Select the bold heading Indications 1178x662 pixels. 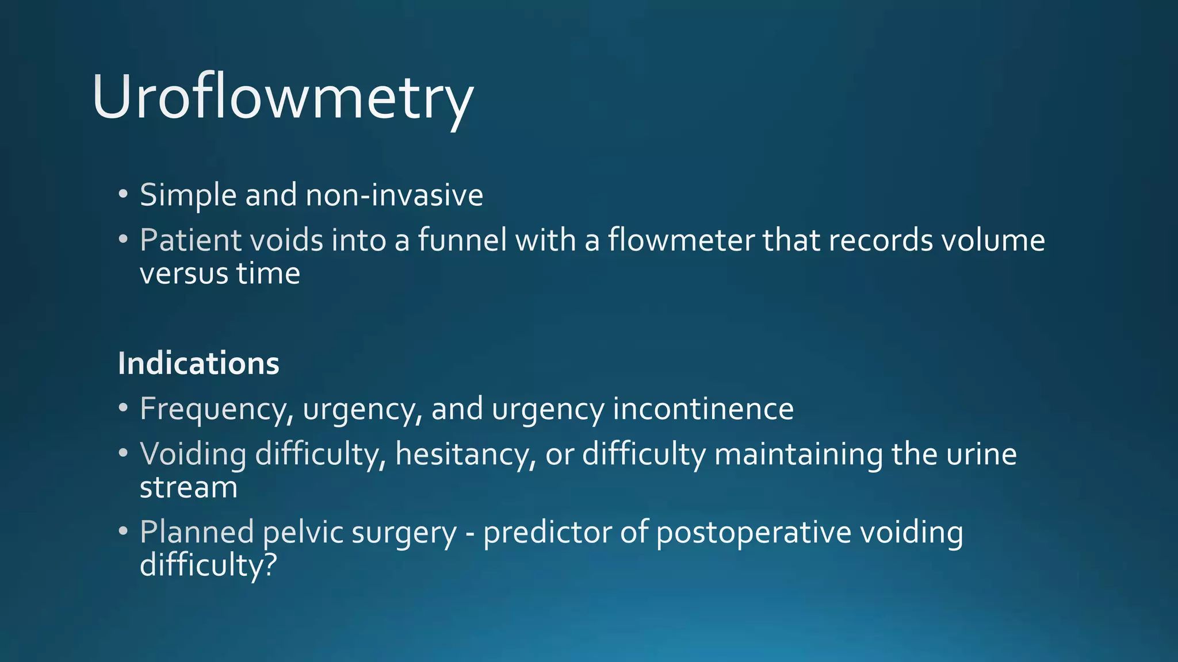tap(198, 364)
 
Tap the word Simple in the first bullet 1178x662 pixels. tap(188, 195)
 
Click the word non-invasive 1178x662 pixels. tap(394, 195)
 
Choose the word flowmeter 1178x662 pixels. tap(681, 240)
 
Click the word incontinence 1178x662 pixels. tap(703, 409)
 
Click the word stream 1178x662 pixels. tap(189, 487)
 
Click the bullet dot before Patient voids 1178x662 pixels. tap(123, 238)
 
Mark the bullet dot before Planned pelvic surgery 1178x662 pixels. tap(123, 530)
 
